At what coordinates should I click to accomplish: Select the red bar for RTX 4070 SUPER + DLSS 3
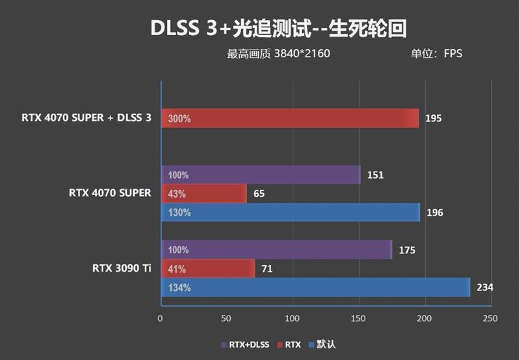click(289, 118)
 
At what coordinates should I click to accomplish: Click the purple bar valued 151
click(260, 175)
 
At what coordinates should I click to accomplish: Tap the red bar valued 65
click(203, 194)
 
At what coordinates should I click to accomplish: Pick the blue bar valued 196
click(290, 212)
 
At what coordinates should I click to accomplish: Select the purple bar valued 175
click(276, 250)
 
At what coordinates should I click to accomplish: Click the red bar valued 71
click(207, 268)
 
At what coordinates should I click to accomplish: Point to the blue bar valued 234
click(315, 287)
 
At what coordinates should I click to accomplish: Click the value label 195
click(434, 118)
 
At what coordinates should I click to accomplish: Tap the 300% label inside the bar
click(179, 119)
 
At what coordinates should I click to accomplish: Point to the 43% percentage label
click(176, 194)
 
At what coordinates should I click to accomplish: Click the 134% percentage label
click(179, 287)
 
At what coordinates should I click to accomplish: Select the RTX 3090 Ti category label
click(123, 267)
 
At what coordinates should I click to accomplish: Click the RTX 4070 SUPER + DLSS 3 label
click(86, 118)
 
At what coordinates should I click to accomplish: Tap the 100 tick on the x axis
click(292, 318)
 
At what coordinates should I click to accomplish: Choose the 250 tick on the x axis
click(490, 318)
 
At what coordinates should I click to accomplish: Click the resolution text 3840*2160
click(302, 54)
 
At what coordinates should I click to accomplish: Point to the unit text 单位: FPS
click(436, 54)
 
